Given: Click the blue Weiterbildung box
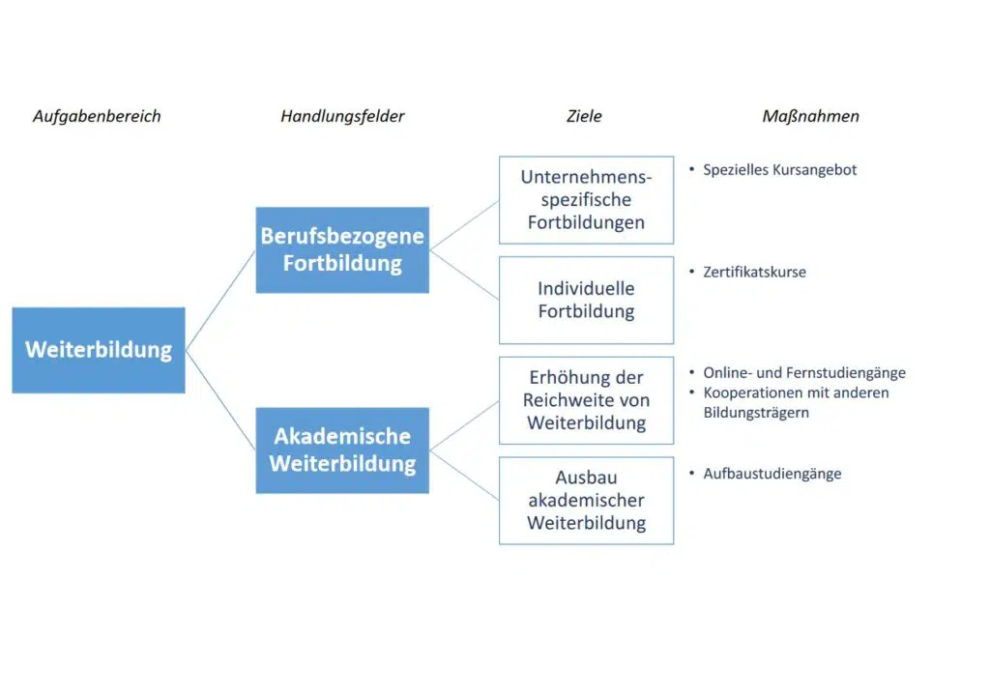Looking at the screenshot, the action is point(99,350).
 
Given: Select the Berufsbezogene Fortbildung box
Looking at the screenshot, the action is point(342,250).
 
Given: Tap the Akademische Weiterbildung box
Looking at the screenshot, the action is point(342,450).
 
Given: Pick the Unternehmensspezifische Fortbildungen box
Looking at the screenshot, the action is point(587,200).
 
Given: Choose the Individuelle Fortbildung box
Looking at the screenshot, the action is point(587,300).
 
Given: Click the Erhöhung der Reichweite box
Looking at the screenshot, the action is point(587,400).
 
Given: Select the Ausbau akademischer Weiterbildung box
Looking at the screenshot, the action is point(587,501).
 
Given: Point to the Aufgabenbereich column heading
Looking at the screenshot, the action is point(98,117).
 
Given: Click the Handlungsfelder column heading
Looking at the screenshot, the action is point(342,117).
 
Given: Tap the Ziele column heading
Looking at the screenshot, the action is point(584,116).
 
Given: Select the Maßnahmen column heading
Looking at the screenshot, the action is point(811,117).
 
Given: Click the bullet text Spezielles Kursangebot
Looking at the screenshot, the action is point(780,170).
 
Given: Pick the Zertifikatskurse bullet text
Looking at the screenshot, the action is point(754,272).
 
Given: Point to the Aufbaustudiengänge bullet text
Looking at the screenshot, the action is point(772,474).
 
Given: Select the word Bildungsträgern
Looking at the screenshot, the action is point(756,413).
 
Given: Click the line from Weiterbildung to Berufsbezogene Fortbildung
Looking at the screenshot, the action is point(220,301).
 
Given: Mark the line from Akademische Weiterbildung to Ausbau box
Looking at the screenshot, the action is point(464,476).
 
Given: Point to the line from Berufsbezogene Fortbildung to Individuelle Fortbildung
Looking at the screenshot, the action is point(464,276).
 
